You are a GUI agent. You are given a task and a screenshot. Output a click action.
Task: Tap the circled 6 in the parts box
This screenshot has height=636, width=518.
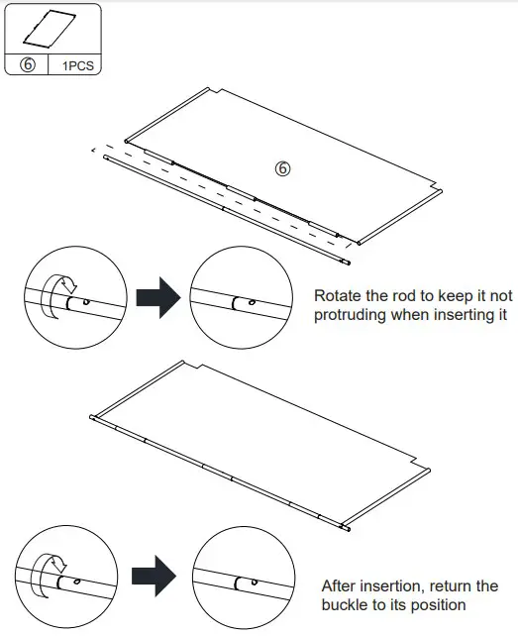[x=28, y=67]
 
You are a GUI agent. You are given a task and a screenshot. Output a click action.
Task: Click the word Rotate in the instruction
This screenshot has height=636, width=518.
[x=338, y=295]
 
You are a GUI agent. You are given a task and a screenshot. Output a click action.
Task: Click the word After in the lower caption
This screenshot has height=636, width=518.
[x=343, y=585]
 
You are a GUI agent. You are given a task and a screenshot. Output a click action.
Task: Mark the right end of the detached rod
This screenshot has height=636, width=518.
[x=346, y=264]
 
